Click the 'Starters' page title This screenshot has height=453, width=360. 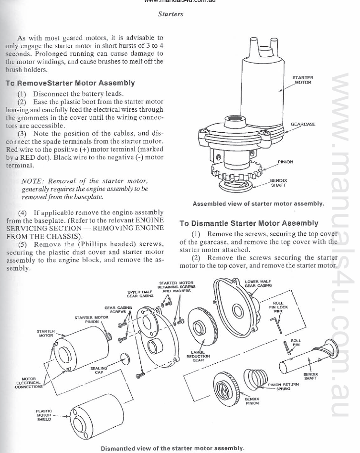[170, 14]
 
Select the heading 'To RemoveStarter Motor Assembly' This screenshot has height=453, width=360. [70, 83]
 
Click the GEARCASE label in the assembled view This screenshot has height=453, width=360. [303, 124]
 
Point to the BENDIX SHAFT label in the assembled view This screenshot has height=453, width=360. [278, 183]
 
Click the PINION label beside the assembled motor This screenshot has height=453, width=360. [285, 162]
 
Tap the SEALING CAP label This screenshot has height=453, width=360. [99, 370]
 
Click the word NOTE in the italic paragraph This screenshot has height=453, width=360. [32, 181]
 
